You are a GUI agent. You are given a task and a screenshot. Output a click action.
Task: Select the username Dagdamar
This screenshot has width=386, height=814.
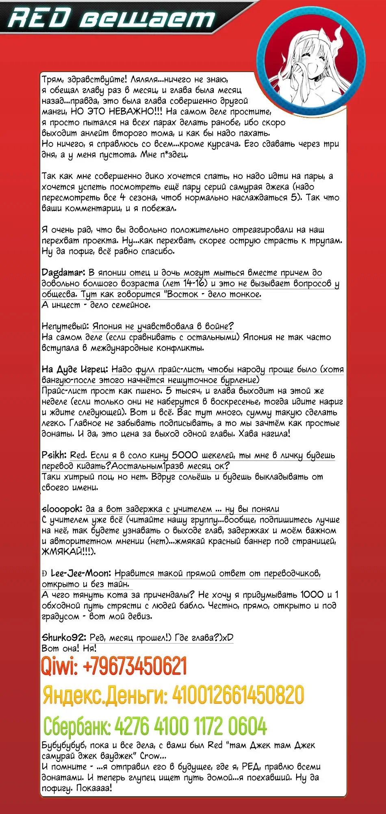point(63,273)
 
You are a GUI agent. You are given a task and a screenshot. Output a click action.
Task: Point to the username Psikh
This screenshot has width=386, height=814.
point(54,455)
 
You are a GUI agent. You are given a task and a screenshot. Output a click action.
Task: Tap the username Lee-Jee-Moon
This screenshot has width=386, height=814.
point(80,574)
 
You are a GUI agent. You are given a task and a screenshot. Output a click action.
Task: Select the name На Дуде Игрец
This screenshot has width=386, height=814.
point(75,369)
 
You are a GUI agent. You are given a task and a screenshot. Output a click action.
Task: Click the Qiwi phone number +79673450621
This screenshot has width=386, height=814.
point(134,666)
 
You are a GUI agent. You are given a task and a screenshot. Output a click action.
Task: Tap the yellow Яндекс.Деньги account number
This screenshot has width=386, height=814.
point(238,695)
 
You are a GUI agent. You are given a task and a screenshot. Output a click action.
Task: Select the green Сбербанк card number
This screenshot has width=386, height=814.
point(191,726)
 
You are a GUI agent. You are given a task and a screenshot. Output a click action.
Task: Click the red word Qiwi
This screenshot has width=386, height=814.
point(59,666)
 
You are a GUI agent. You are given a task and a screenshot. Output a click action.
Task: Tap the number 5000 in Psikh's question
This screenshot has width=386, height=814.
point(185,455)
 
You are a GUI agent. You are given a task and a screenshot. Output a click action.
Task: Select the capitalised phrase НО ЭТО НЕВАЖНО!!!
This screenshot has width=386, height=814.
point(117,111)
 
